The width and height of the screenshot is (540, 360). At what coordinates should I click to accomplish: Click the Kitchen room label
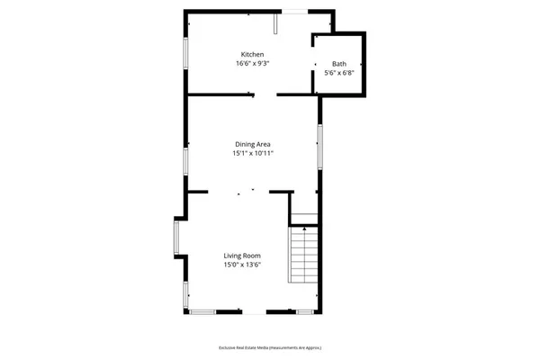[x=251, y=55]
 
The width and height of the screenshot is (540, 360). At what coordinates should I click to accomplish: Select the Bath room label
[x=338, y=64]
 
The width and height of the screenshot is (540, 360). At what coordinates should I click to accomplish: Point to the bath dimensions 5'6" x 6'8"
[x=338, y=74]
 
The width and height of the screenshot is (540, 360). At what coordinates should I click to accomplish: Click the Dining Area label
[x=253, y=144]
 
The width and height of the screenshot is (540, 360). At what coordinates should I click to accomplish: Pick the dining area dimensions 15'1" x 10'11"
[x=253, y=154]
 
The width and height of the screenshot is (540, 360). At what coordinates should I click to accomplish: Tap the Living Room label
[x=241, y=256]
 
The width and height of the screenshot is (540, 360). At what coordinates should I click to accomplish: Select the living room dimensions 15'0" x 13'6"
[x=241, y=265]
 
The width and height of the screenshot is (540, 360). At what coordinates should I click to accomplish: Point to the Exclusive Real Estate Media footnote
[x=270, y=347]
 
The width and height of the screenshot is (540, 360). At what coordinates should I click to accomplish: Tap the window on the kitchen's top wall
[x=295, y=11]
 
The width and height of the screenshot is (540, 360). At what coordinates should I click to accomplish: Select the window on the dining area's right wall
[x=319, y=145]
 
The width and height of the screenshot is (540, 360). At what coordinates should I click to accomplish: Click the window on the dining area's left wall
[x=185, y=160]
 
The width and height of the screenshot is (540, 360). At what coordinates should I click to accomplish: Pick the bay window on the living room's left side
[x=177, y=238]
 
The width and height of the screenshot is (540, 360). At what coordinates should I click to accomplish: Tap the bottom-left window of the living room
[x=202, y=311]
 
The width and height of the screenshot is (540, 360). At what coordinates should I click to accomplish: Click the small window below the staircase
[x=304, y=311]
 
